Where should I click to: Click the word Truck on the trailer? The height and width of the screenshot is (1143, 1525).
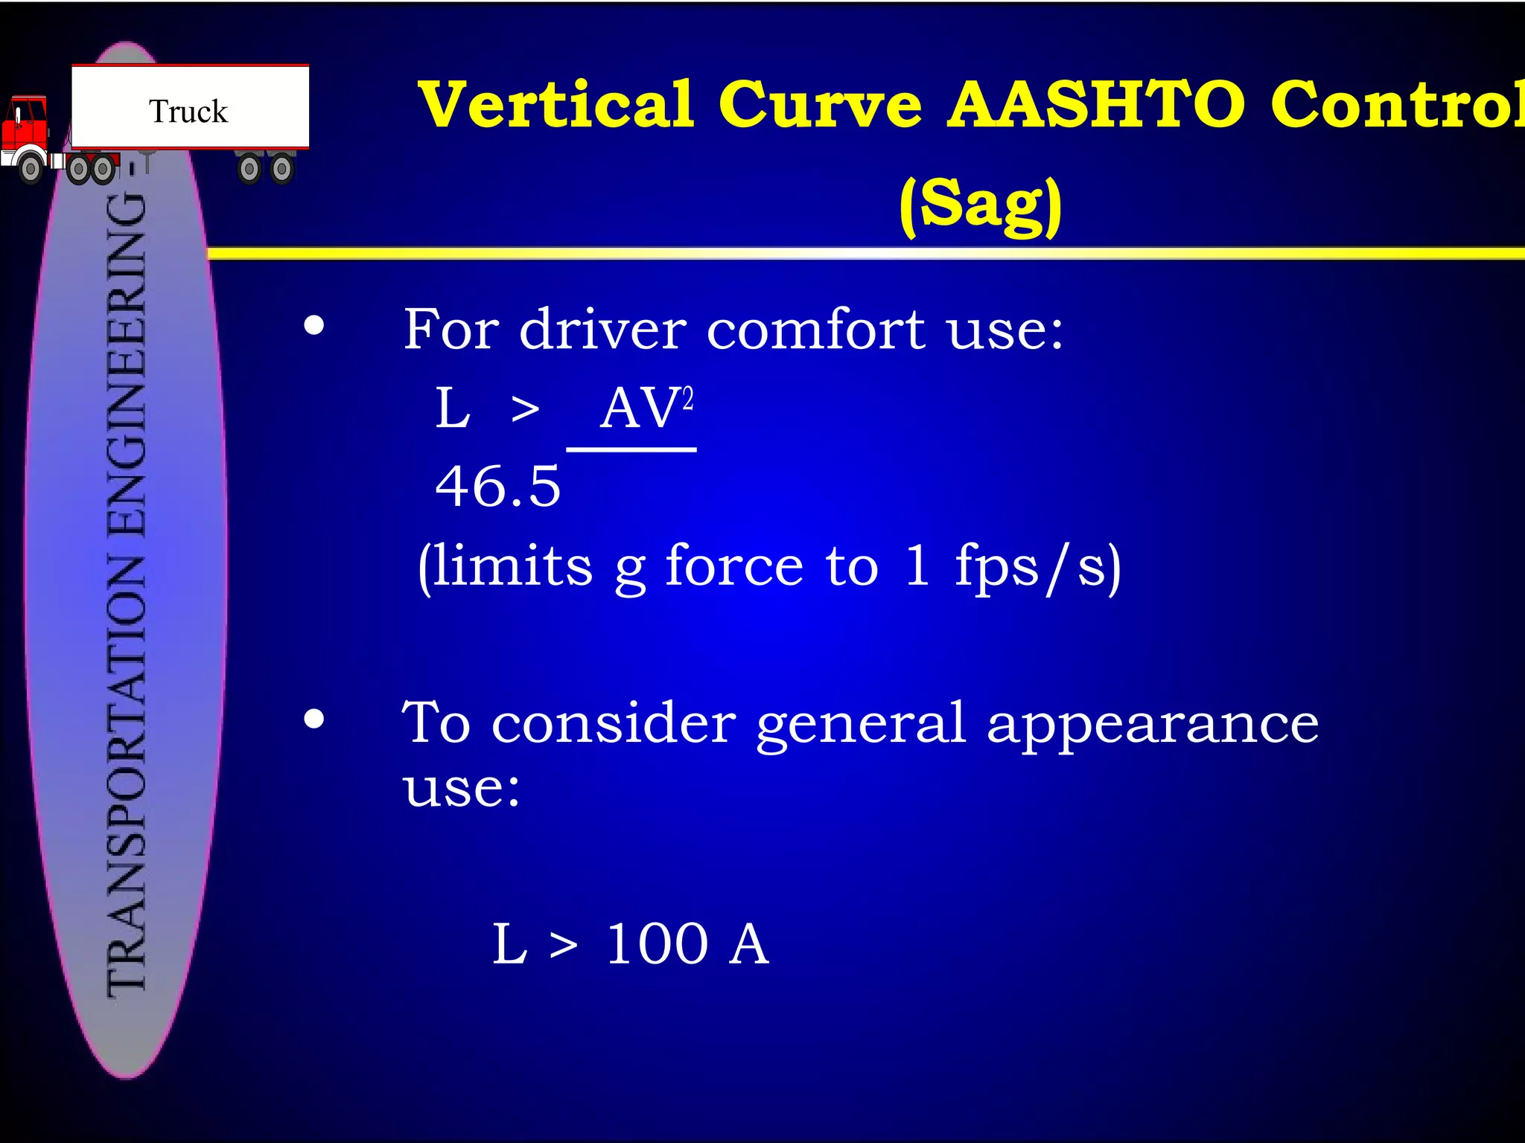click(188, 112)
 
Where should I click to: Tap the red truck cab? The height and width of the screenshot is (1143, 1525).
click(26, 127)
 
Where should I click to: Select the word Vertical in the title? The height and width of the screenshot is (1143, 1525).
click(555, 104)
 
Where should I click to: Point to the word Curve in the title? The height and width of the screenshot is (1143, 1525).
click(820, 104)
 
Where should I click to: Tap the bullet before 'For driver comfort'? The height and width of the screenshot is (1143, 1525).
click(314, 326)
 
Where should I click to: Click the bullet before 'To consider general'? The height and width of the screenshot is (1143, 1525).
click(314, 719)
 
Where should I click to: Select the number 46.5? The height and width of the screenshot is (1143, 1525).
click(497, 487)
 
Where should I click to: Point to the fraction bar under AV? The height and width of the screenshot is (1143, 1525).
click(631, 449)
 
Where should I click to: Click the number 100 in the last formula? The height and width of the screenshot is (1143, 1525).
click(657, 944)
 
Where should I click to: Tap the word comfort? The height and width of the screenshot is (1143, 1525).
click(816, 329)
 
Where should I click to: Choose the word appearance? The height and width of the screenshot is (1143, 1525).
click(1153, 723)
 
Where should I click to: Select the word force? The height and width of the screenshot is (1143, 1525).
click(734, 566)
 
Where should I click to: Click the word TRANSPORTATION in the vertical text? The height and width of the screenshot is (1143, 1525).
click(127, 774)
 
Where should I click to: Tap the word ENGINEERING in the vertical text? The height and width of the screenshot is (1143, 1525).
click(127, 365)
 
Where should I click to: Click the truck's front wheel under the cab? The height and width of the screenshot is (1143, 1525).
click(31, 169)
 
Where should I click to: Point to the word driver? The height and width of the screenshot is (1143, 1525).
click(602, 329)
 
